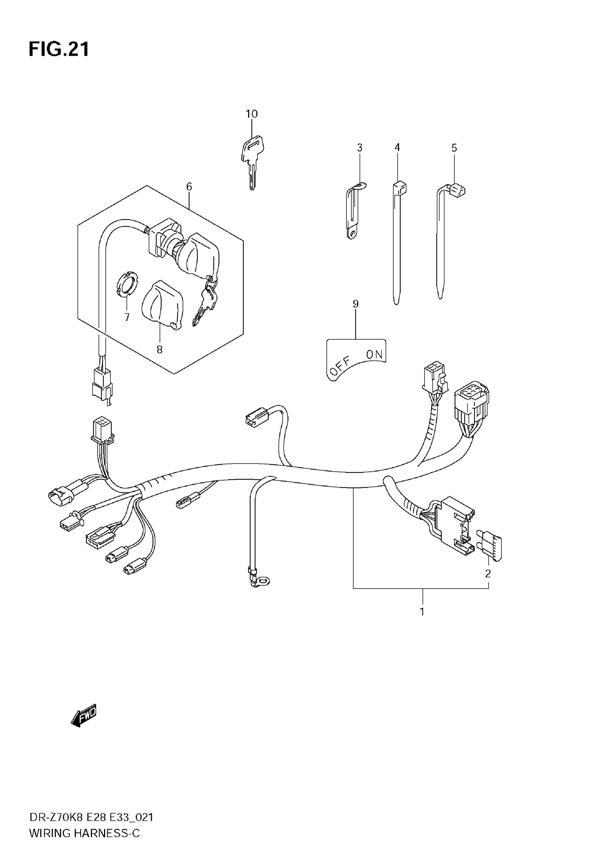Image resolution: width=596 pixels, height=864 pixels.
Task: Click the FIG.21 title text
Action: [59, 50]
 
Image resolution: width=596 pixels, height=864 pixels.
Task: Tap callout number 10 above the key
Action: [251, 114]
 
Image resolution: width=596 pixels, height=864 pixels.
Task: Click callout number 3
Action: [360, 148]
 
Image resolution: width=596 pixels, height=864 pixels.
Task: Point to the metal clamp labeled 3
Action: [354, 211]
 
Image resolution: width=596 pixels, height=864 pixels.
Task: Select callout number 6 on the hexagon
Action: [189, 186]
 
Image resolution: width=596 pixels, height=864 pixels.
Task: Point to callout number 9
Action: [355, 304]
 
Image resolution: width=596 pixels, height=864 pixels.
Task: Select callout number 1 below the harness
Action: [422, 612]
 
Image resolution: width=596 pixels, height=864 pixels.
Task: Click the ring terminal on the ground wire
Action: [263, 581]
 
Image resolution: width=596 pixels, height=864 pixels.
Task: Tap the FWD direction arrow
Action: [84, 716]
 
